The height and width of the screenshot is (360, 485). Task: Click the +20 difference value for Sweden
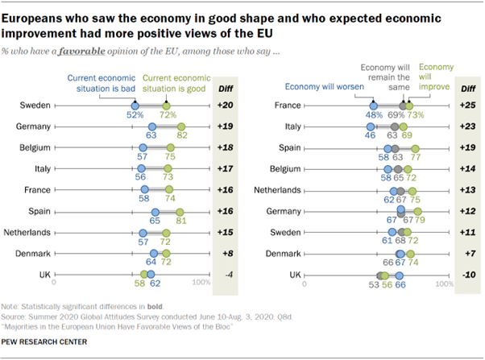226,106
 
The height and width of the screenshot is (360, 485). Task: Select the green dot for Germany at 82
181,127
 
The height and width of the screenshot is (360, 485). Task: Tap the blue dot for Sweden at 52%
135,106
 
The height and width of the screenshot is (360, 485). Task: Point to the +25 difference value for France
466,106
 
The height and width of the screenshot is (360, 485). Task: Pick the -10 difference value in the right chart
466,274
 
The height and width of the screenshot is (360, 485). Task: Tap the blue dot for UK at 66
400,274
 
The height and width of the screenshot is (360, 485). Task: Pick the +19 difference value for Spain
466,147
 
